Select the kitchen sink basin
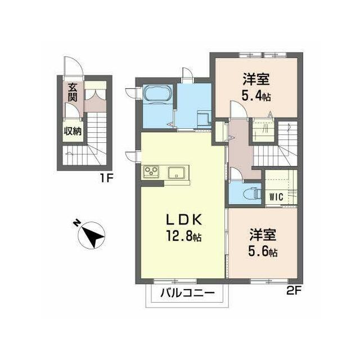tap(177, 173)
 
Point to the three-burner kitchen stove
tap(151, 172)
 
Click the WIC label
tap(276, 197)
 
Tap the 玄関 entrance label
tap(73, 92)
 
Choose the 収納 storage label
tap(73, 132)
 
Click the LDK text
tap(184, 220)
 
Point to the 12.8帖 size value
tap(184, 236)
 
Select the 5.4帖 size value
tap(256, 96)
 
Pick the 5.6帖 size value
tap(263, 252)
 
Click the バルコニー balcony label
tap(187, 293)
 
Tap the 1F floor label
tap(106, 178)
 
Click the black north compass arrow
tap(93, 236)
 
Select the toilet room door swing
tap(235, 174)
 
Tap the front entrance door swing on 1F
tap(73, 65)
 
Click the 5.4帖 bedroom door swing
tap(238, 109)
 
